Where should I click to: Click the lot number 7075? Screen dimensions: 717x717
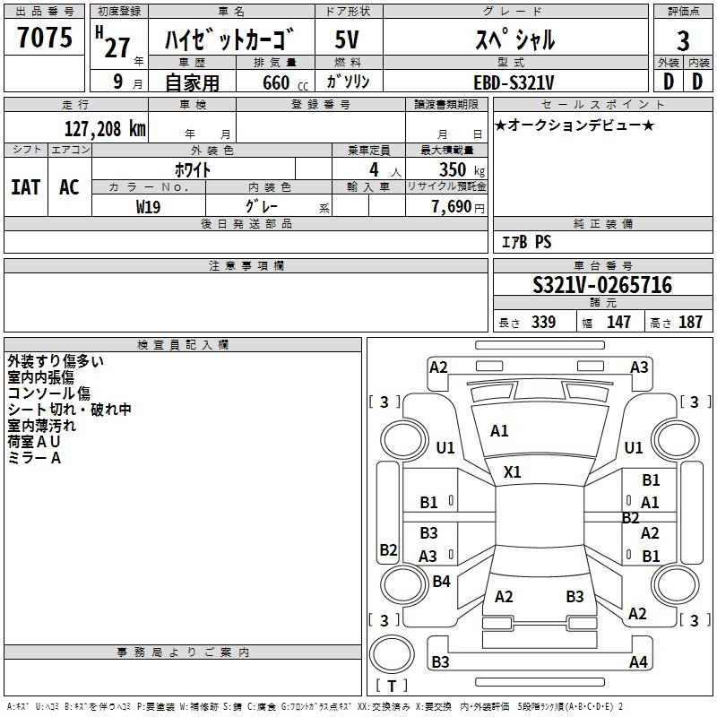click(x=45, y=39)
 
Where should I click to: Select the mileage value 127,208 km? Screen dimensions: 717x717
click(x=104, y=128)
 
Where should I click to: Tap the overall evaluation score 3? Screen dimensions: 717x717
click(x=683, y=40)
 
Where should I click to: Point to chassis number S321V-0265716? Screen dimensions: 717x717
click(x=602, y=285)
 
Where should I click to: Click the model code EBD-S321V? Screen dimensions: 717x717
click(x=514, y=82)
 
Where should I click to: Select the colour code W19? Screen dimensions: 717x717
click(x=149, y=206)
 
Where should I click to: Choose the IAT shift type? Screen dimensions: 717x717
click(x=26, y=187)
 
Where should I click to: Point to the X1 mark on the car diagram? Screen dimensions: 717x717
click(x=513, y=471)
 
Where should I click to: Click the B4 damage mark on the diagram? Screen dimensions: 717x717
click(x=441, y=582)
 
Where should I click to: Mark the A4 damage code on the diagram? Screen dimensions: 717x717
click(x=638, y=662)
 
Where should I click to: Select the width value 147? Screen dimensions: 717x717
click(x=618, y=322)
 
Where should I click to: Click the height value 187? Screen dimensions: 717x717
click(x=690, y=322)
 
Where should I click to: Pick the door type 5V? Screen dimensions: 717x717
click(x=348, y=40)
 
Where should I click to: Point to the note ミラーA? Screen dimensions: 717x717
click(x=34, y=458)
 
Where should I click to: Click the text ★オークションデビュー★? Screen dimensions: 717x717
click(x=574, y=125)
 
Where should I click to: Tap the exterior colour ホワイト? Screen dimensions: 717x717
click(x=193, y=168)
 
